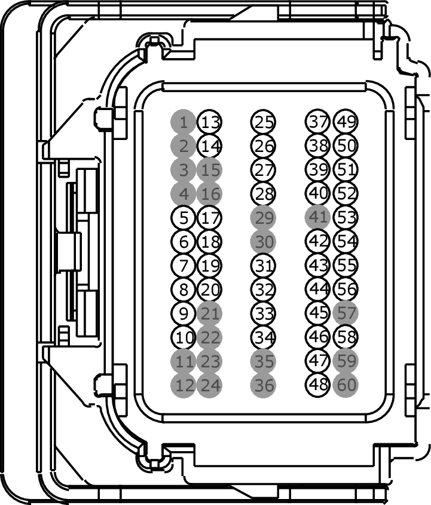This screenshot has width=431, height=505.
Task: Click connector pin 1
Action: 184,123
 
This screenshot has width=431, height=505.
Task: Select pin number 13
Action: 210,123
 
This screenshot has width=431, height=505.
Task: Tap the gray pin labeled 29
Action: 264,218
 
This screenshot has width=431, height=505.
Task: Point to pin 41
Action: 317,217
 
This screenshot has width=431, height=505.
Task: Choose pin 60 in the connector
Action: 346,385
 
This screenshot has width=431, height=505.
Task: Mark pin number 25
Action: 264,123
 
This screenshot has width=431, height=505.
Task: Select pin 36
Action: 264,385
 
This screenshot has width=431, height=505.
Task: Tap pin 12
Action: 184,385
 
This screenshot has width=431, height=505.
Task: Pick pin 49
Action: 346,121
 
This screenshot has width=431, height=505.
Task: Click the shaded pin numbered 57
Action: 346,312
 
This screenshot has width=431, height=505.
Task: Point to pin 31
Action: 264,265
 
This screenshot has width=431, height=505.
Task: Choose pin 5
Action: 184,217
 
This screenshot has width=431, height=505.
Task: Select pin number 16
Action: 209,194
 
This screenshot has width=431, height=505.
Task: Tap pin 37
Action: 319,121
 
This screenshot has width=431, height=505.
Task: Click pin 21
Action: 209,313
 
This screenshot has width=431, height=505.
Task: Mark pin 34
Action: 264,337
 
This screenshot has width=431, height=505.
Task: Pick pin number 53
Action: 346,217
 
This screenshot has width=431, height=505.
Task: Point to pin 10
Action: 184,337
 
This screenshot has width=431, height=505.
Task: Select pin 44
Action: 319,288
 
